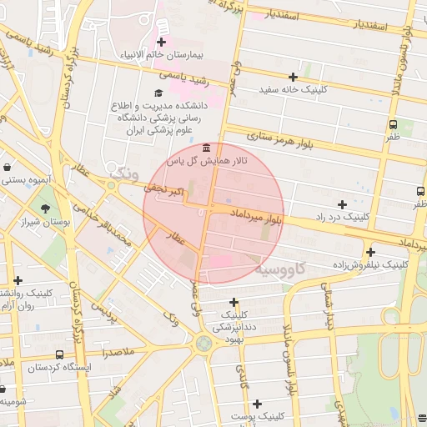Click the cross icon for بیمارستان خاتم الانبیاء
click(x=161, y=42)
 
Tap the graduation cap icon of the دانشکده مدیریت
click(x=158, y=93)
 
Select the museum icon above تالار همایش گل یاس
click(x=206, y=148)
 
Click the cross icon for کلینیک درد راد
click(x=341, y=204)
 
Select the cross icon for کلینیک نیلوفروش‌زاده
click(x=370, y=252)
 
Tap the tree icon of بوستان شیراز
click(x=44, y=208)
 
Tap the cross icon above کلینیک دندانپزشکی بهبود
click(x=234, y=302)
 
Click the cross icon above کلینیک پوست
click(x=258, y=404)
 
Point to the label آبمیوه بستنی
click(x=25, y=179)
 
